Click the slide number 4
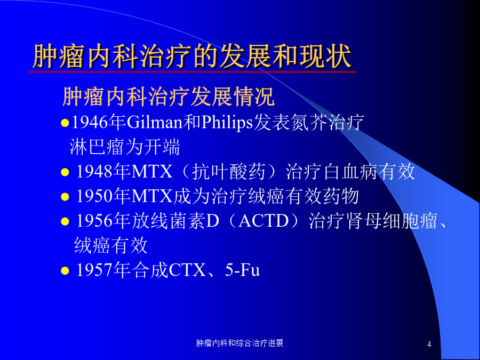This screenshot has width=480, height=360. pyautogui.click(x=429, y=344)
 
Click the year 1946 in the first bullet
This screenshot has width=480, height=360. pyautogui.click(x=90, y=123)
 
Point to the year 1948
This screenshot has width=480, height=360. pyautogui.click(x=94, y=171)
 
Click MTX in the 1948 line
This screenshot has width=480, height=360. pyautogui.click(x=152, y=171)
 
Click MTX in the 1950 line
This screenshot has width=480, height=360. pyautogui.click(x=152, y=196)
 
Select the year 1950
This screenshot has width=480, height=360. pyautogui.click(x=94, y=196)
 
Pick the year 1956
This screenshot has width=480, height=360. pyautogui.click(x=94, y=221)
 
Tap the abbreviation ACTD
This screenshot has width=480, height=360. pyautogui.click(x=263, y=221)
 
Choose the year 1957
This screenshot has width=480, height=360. pyautogui.click(x=94, y=270)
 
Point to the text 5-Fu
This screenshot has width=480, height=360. pyautogui.click(x=243, y=270)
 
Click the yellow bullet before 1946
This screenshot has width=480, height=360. pyautogui.click(x=65, y=123)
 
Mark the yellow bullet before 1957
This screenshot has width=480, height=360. pyautogui.click(x=65, y=270)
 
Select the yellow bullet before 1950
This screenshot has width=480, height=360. pyautogui.click(x=65, y=196)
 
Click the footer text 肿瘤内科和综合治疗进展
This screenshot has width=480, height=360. pyautogui.click(x=239, y=343)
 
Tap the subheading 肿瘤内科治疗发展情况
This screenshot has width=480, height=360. pyautogui.click(x=169, y=97)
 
